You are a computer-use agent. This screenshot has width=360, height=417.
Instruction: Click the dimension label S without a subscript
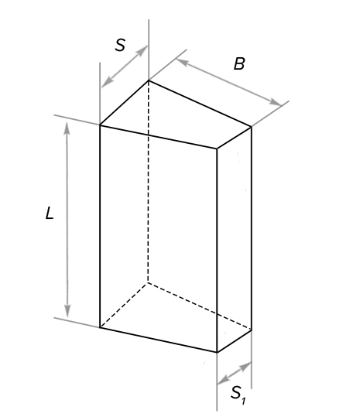(x=120, y=45)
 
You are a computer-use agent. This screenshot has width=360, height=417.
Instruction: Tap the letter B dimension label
(x=239, y=63)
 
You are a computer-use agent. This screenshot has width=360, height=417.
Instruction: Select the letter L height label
(x=50, y=213)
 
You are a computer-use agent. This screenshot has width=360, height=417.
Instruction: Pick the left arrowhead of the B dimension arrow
(x=182, y=62)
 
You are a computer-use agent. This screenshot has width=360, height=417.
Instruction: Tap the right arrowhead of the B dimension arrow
(x=275, y=102)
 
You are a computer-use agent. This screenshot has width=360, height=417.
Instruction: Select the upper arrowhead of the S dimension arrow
(x=142, y=50)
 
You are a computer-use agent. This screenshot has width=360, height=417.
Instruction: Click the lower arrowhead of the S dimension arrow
(x=107, y=82)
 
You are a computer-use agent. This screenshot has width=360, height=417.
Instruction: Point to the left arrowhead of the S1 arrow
(x=223, y=380)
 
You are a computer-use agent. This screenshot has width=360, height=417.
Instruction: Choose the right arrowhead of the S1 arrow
(x=245, y=366)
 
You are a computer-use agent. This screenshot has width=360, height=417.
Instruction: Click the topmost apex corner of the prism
(x=149, y=80)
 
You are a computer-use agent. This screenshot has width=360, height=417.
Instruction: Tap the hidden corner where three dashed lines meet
(x=148, y=282)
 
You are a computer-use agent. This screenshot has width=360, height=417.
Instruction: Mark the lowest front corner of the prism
(x=217, y=352)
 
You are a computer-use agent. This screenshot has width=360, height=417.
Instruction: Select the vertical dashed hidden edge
(x=148, y=181)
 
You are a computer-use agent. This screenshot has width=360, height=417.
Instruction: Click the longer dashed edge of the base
(x=200, y=306)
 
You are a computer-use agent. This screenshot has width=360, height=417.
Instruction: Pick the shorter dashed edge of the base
(x=124, y=305)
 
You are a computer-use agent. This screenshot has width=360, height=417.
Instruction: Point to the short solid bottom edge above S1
(x=234, y=341)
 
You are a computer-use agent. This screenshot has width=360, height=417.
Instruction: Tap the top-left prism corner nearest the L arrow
(x=100, y=125)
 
